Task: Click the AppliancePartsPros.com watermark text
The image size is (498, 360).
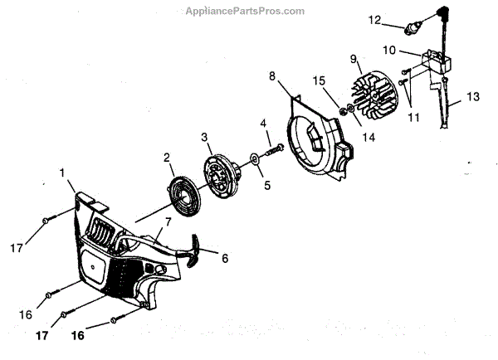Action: tap(250, 10)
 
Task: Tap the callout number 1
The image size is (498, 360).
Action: tap(62, 172)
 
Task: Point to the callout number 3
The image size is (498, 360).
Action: tap(203, 137)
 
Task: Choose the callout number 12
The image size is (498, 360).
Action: tap(374, 18)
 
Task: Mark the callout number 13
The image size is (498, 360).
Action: tap(473, 96)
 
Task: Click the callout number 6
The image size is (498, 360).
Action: tap(224, 258)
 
